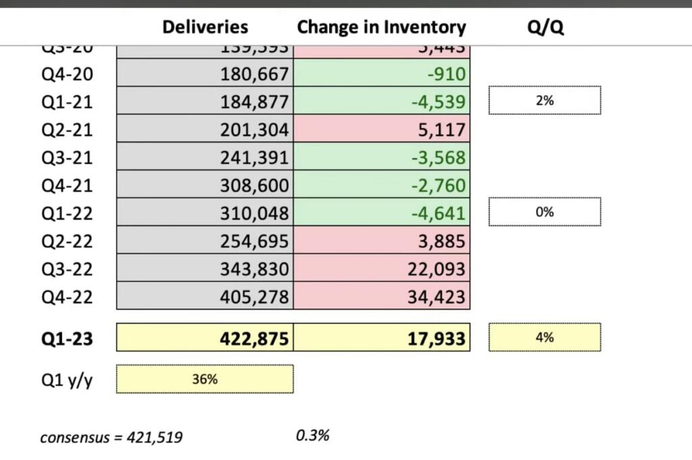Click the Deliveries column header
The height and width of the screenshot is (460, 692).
pos(205,27)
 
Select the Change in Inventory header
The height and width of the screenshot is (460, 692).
pos(381,27)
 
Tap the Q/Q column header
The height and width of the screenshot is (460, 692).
pos(545,27)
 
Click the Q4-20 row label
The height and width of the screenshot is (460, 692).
pos(67,74)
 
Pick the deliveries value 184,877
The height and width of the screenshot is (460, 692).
pos(254,101)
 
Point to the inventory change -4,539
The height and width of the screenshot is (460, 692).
pos(437,101)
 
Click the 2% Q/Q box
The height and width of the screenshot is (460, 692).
pos(545,101)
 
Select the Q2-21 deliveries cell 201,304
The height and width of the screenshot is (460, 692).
pos(254,129)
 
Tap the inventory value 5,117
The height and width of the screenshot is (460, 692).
pos(442,129)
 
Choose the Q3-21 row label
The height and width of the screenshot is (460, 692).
pos(67,158)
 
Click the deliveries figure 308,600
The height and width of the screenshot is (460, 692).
pos(254,185)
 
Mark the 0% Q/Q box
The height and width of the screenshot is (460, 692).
pos(545,212)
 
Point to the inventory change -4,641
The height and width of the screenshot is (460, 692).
pos(437,213)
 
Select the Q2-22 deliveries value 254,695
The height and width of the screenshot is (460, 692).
pos(254,241)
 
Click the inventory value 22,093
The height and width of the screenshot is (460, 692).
pos(437,269)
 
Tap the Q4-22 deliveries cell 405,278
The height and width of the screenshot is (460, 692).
pos(254,296)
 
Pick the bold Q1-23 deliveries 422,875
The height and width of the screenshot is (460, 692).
pos(254,338)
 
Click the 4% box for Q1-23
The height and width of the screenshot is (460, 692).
pos(545,337)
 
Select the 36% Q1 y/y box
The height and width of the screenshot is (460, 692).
pos(205,379)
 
